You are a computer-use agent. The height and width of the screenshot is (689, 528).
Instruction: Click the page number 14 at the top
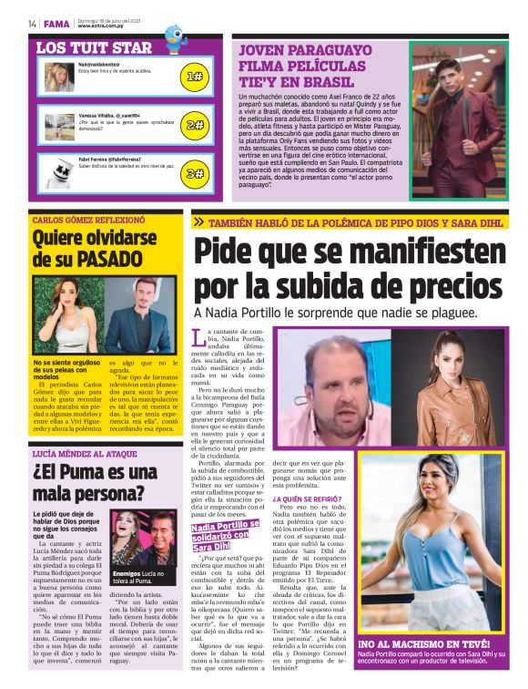pos(32,24)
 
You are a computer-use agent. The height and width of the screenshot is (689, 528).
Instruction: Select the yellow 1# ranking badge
pos(194,77)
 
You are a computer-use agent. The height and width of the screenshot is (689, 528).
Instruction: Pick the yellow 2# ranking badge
pos(194,125)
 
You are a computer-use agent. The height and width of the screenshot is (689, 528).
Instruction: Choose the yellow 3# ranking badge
pos(194,172)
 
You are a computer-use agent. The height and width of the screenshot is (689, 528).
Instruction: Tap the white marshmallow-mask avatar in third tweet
pos(59,171)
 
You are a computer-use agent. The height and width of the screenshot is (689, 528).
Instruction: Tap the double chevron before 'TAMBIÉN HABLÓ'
pos(198,221)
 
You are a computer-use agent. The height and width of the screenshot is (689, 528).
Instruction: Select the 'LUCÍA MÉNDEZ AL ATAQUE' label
pos(86,453)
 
